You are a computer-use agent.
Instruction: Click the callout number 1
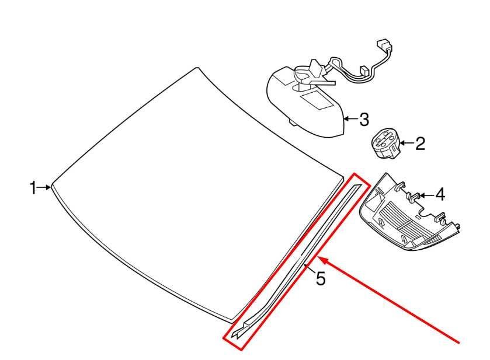coord(33,188)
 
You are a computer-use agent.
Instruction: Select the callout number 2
coord(421,144)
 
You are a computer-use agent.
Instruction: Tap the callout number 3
coord(364,120)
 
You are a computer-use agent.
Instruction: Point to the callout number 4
coord(440,195)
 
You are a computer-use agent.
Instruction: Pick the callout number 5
coord(321,278)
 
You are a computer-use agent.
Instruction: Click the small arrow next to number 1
coord(44,187)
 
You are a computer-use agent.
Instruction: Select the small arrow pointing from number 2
coord(406,144)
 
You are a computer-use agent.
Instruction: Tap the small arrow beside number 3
coord(350,119)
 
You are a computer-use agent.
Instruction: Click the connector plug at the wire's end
coord(385,46)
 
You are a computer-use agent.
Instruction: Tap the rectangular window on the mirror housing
coord(315,100)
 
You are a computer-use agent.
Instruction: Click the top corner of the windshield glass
coord(197,68)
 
